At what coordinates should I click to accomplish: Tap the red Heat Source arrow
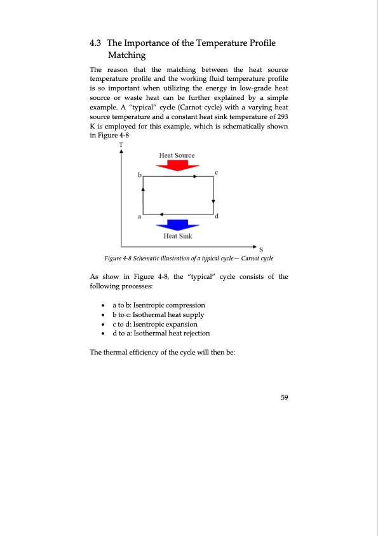click(x=177, y=166)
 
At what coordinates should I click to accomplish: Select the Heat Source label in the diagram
click(x=177, y=155)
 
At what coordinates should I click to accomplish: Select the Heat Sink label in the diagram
click(x=177, y=236)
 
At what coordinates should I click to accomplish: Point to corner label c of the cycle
click(x=217, y=173)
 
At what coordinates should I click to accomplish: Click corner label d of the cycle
click(x=217, y=217)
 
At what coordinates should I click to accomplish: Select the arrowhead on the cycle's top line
click(x=196, y=176)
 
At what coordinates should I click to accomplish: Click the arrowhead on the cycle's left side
click(x=143, y=188)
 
